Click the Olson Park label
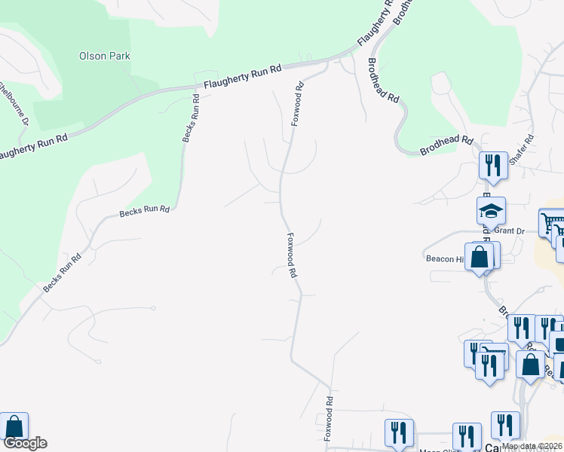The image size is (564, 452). (x=105, y=56)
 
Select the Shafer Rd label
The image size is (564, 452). (x=521, y=150)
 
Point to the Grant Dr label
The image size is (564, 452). (x=510, y=231)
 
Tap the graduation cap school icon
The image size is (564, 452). (x=491, y=212)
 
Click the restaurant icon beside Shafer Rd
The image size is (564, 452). (x=492, y=166)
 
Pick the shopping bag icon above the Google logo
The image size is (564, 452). (x=14, y=426)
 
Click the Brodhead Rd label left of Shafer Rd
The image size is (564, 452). (x=446, y=145)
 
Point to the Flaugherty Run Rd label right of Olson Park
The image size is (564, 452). (x=238, y=77)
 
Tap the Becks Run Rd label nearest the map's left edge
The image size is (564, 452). (x=62, y=273)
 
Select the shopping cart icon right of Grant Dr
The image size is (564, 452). (x=553, y=224)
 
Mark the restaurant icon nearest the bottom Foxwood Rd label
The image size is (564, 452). (x=399, y=432)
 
